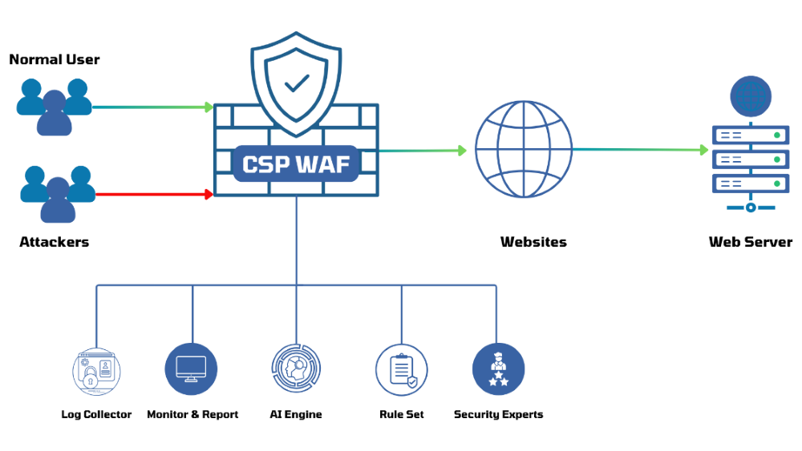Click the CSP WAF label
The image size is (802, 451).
(296, 163)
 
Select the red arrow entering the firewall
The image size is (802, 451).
(152, 194)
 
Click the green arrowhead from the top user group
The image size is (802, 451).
(209, 107)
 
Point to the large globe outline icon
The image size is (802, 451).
(523, 149)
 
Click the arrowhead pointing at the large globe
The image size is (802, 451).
(463, 150)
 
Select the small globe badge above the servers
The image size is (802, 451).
(751, 96)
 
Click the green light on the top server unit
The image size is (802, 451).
(777, 135)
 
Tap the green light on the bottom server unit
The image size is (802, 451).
(777, 183)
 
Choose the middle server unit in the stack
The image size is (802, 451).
(751, 159)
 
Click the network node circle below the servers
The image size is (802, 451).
(751, 207)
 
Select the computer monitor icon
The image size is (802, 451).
(191, 369)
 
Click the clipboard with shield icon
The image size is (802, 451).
(401, 369)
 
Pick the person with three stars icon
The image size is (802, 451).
(498, 369)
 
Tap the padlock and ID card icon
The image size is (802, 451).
(96, 372)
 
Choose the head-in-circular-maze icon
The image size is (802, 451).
(296, 368)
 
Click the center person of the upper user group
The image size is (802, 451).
(55, 113)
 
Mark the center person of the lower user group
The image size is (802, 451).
(58, 200)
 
